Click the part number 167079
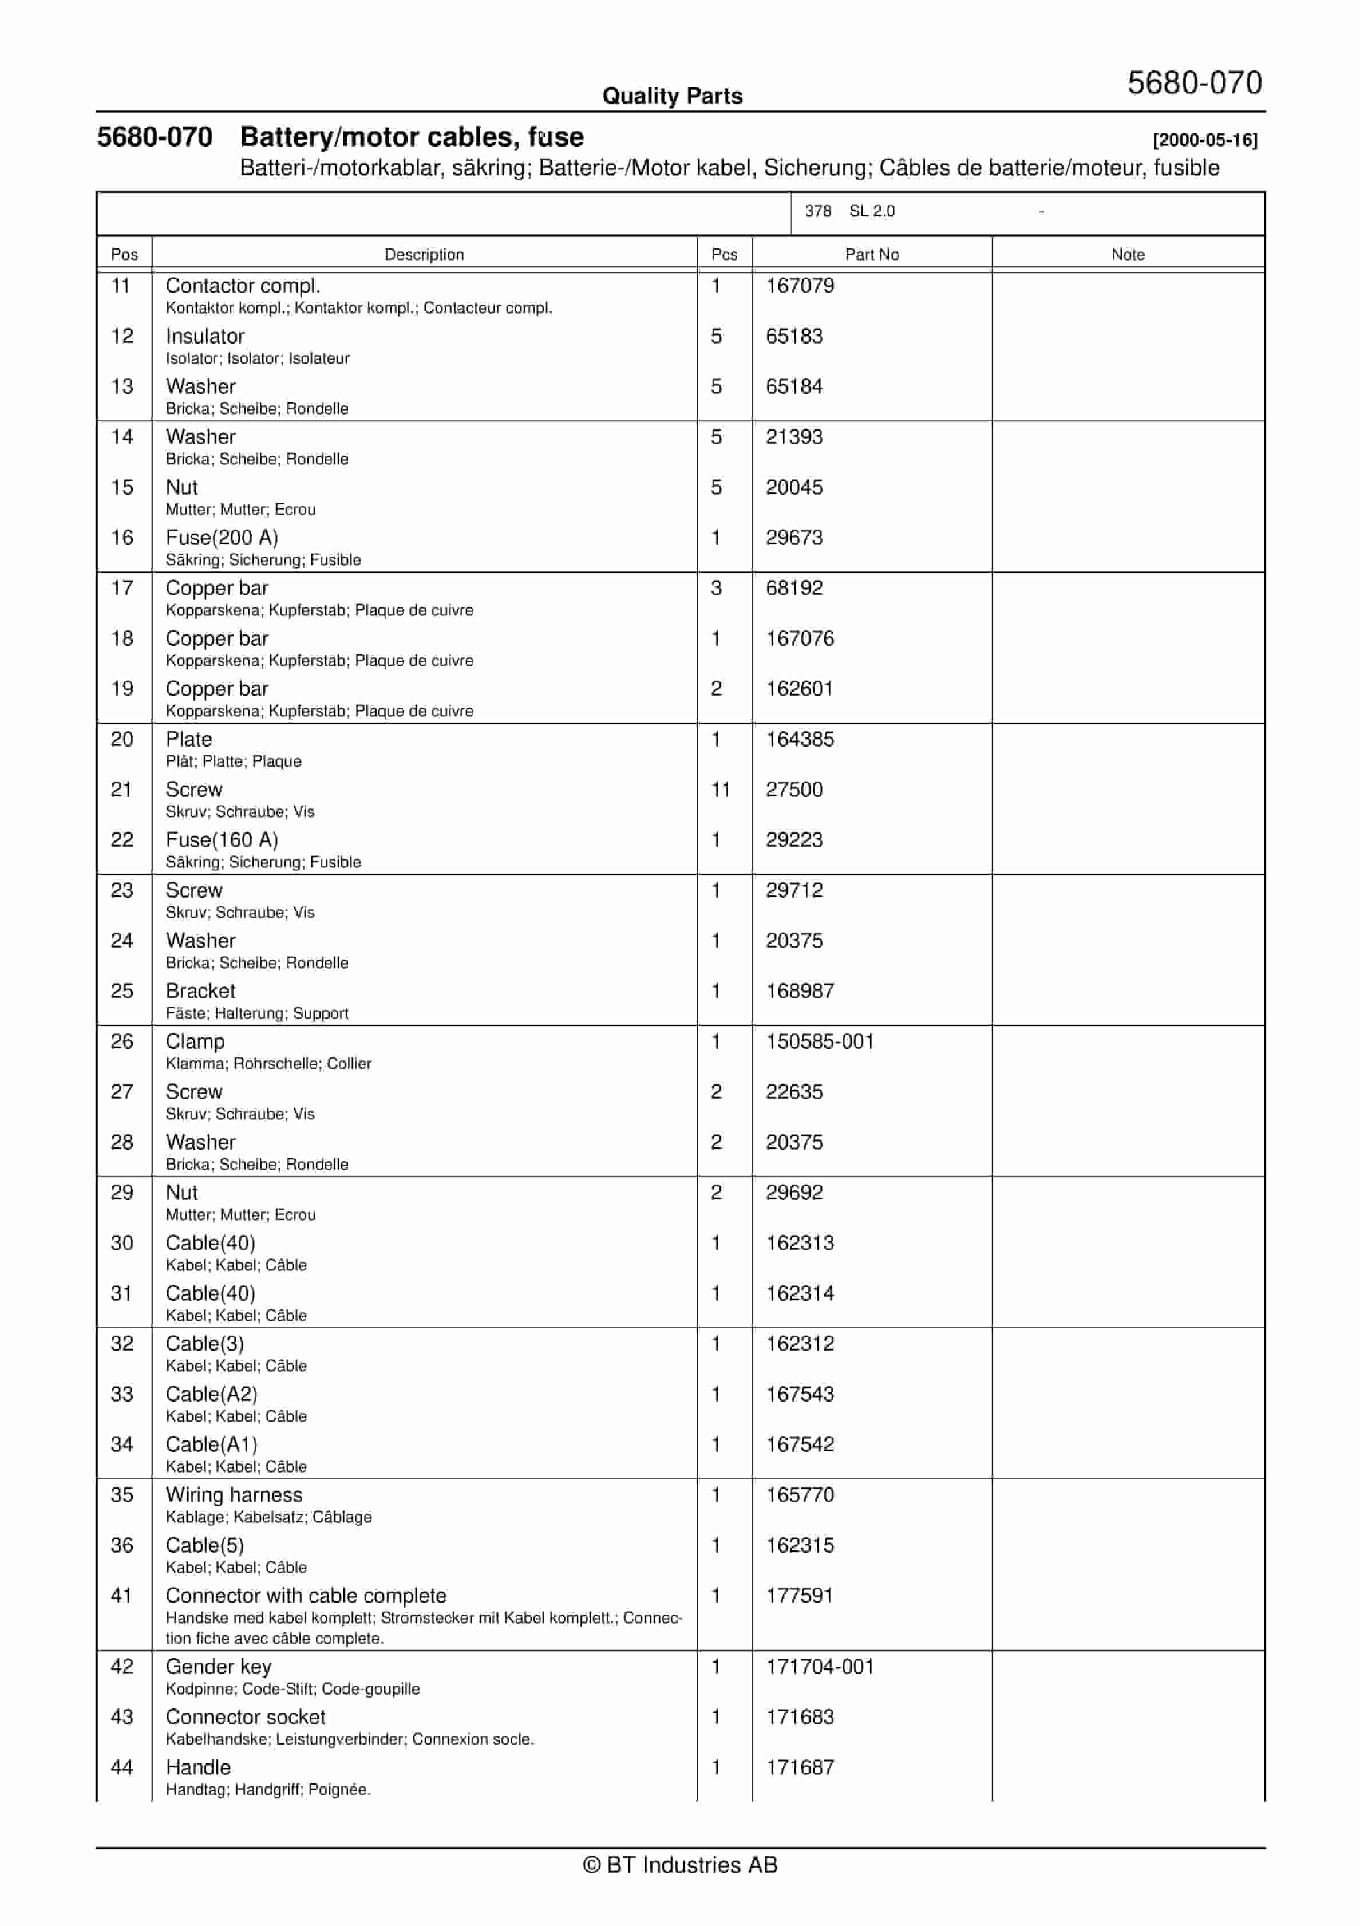(799, 286)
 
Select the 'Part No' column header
(871, 255)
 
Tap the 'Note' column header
(1127, 255)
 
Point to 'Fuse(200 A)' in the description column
(222, 538)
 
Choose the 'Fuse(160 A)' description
(222, 840)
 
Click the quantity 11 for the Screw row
(720, 790)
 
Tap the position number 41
(121, 1596)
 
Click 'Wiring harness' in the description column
(234, 1495)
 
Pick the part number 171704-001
(819, 1666)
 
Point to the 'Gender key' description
(218, 1666)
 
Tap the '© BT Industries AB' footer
(680, 1865)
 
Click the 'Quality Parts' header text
(671, 96)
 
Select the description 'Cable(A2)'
(211, 1394)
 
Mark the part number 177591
(799, 1596)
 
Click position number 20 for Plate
(121, 739)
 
